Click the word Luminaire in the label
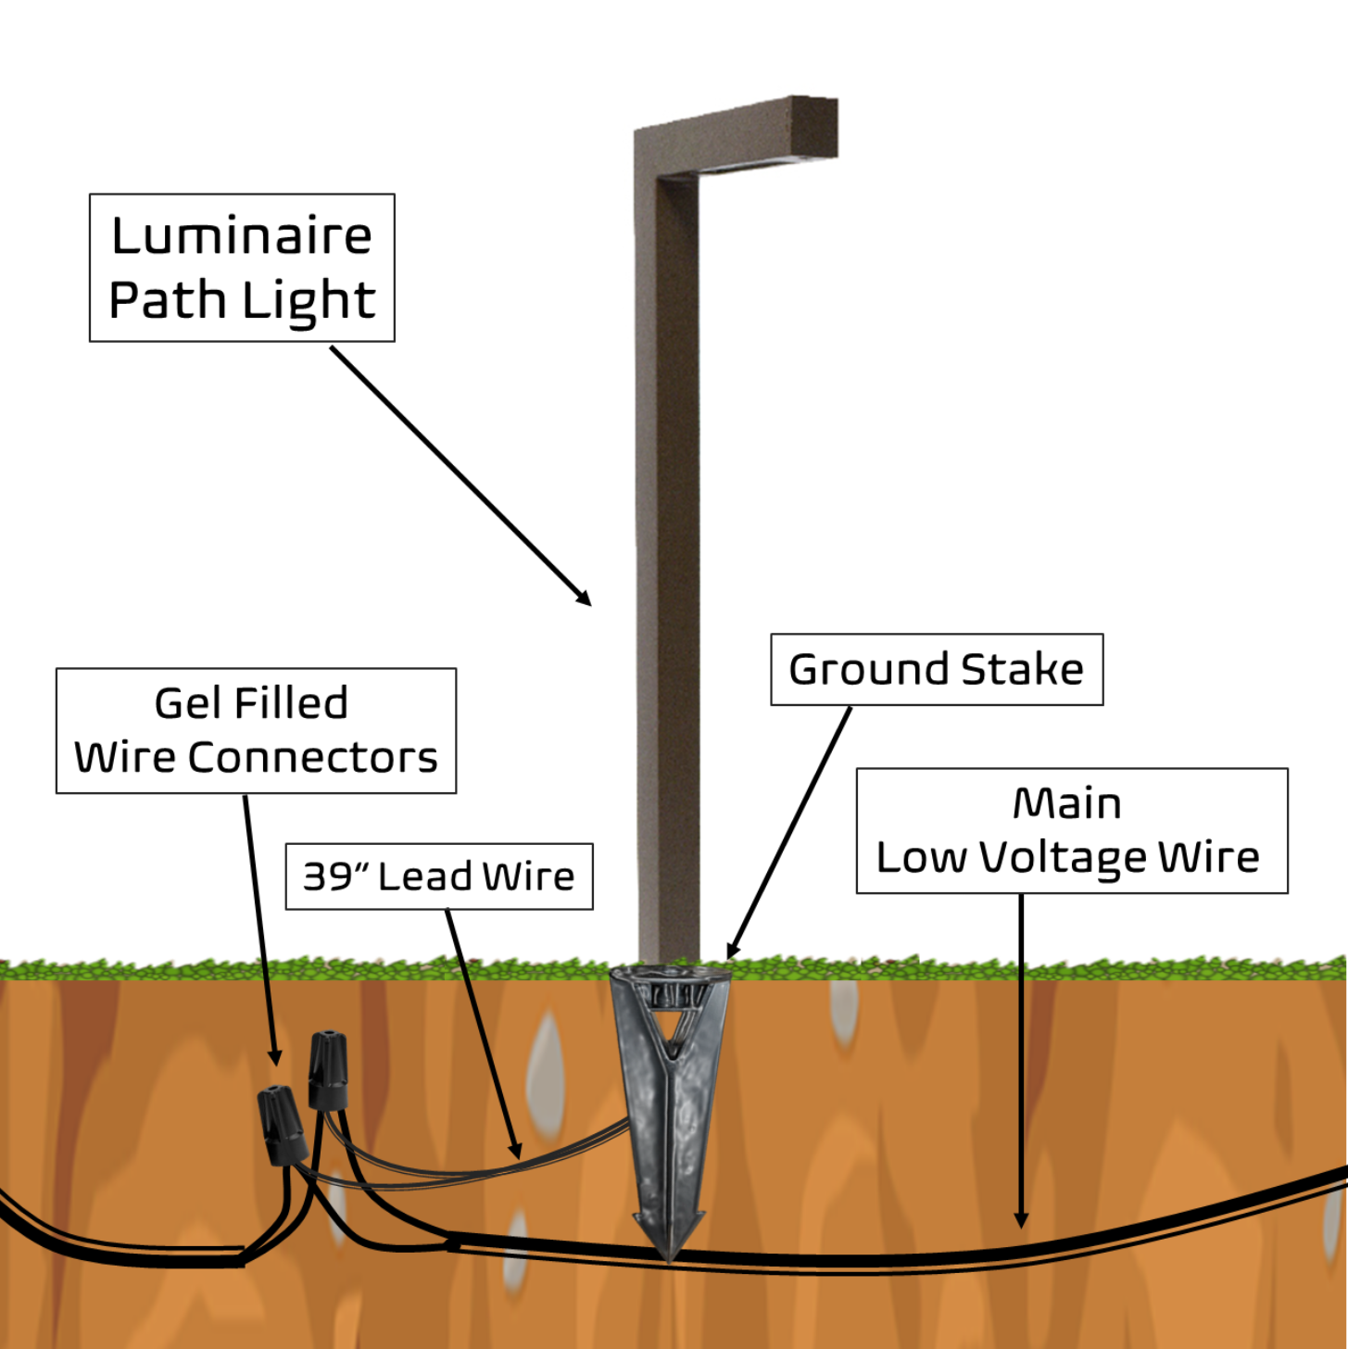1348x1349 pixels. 242,235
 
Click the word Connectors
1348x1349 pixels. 312,758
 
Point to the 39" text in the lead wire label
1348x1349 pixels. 336,876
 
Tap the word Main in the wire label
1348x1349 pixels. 1067,803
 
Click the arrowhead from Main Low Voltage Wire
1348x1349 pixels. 1021,1221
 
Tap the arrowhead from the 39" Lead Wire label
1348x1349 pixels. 516,1152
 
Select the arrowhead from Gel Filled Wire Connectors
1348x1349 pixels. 275,1058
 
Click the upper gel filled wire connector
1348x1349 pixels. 328,1070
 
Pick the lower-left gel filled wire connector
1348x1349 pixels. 283,1126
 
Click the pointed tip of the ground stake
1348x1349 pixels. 669,1255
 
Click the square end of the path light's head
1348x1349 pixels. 814,127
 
